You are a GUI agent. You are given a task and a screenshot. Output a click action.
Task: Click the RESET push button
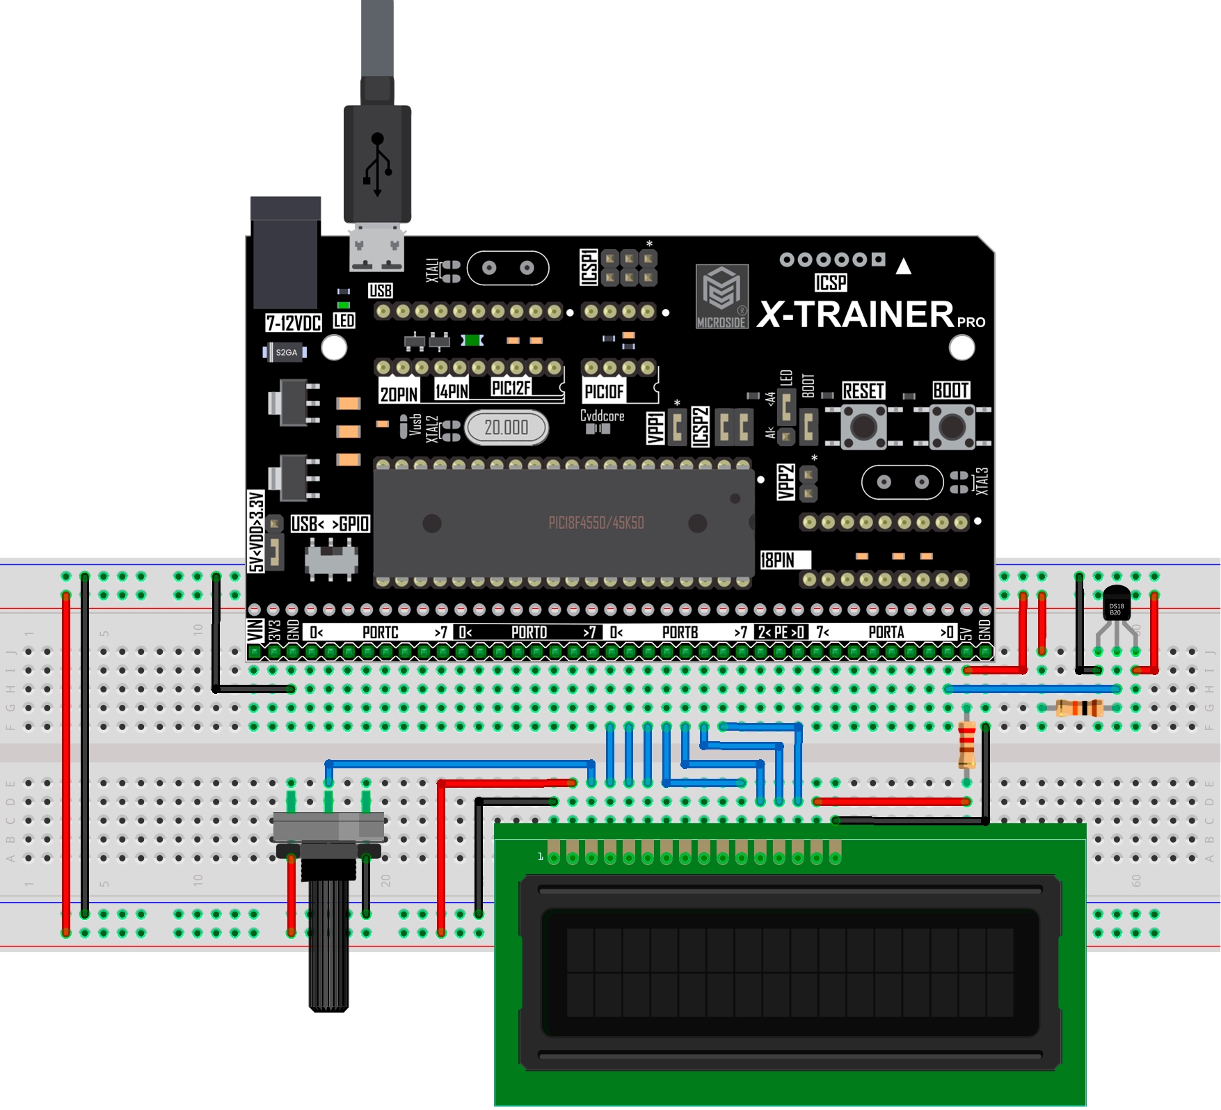(863, 426)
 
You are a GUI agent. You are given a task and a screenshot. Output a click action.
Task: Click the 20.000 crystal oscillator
(506, 427)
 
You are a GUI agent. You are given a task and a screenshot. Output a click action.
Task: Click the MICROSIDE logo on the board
(722, 296)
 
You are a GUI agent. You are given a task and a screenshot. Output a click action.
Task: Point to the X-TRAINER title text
(856, 315)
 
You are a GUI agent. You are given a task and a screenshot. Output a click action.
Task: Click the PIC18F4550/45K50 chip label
(596, 523)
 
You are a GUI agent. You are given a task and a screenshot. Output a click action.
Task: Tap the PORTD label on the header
(529, 633)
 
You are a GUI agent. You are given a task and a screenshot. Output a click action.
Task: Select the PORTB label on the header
(680, 633)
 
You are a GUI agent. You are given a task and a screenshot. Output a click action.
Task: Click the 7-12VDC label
(293, 323)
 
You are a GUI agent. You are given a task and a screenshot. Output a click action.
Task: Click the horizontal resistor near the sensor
(1079, 708)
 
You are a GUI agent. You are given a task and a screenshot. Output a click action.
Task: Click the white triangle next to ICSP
(903, 267)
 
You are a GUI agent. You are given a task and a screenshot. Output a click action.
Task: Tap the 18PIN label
(777, 560)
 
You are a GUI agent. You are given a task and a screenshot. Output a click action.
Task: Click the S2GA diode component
(285, 352)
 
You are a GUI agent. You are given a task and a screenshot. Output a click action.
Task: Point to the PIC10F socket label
(604, 392)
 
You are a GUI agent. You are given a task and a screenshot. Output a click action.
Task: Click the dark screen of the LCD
(790, 972)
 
